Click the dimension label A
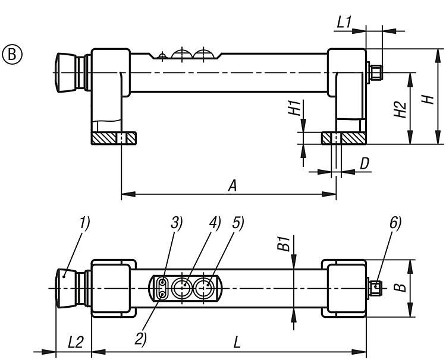(233, 186)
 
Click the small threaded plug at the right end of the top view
(375, 72)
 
